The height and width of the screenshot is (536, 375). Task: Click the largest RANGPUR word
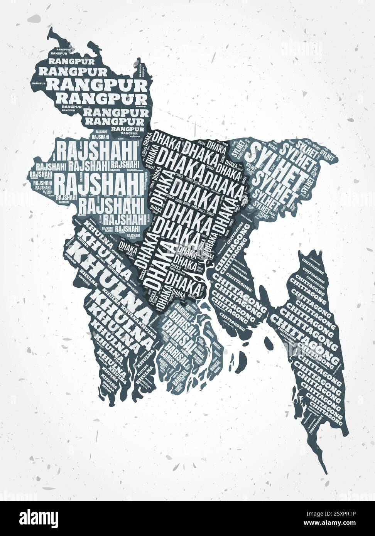pyautogui.click(x=96, y=84)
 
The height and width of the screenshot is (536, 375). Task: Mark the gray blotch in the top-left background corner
pyautogui.click(x=34, y=18)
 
